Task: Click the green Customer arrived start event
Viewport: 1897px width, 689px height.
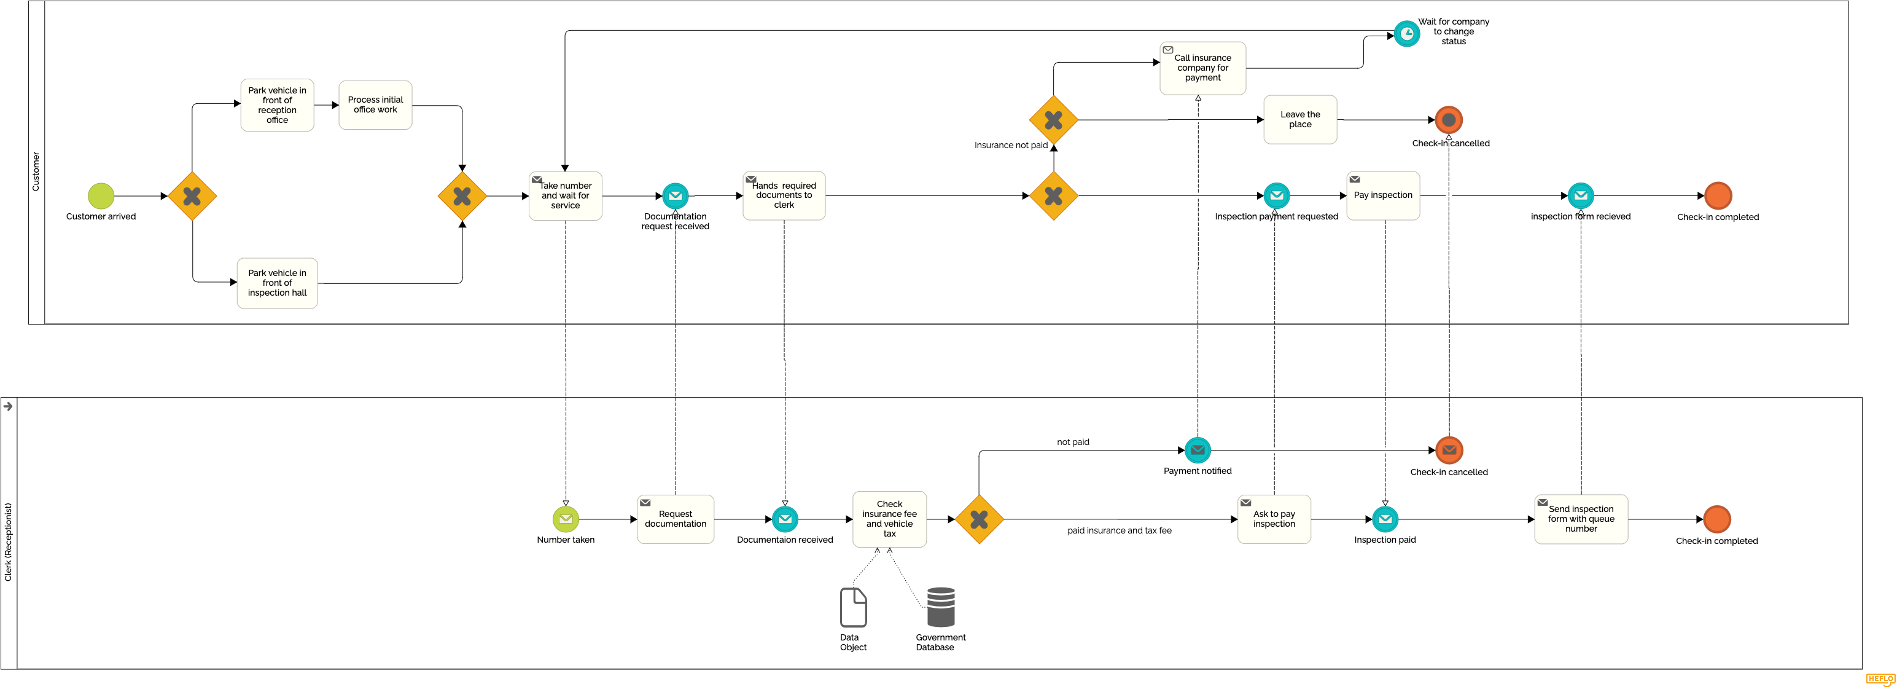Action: click(101, 196)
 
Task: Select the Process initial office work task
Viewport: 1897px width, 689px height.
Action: click(375, 105)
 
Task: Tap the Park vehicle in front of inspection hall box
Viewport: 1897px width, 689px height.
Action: click(277, 283)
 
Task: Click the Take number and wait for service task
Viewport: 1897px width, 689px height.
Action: click(565, 196)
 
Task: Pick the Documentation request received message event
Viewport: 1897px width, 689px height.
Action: click(676, 196)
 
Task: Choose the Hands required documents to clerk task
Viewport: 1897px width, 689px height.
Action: click(784, 196)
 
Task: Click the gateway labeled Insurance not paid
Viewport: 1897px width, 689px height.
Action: click(1053, 119)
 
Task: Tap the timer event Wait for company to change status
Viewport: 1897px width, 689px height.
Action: click(1406, 34)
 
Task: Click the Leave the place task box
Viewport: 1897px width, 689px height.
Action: click(1299, 119)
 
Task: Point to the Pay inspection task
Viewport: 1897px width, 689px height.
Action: click(1383, 196)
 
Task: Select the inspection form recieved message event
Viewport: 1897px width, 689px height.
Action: click(1580, 196)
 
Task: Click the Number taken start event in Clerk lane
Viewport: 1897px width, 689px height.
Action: click(566, 519)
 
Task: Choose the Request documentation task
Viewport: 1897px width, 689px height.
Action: click(676, 519)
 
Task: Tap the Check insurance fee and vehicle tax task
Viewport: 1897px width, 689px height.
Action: click(889, 519)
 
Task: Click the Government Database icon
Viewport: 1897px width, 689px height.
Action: click(940, 607)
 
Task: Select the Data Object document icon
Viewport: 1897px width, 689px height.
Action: click(853, 607)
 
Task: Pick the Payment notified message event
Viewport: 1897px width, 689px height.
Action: click(1198, 451)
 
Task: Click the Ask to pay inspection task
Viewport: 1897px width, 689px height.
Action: click(1274, 519)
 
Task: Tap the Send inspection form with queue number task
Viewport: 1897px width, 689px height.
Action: click(1580, 519)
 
